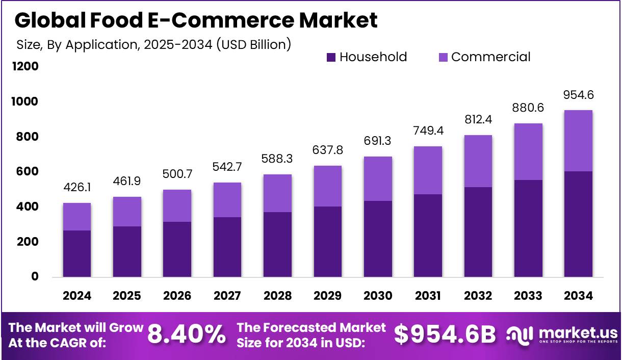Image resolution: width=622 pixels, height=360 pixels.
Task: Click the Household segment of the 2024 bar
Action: click(77, 253)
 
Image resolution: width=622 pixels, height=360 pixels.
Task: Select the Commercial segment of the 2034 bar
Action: click(579, 141)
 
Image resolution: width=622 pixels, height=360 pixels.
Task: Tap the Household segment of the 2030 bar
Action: click(378, 239)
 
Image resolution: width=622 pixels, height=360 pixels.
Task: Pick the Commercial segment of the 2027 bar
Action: click(227, 200)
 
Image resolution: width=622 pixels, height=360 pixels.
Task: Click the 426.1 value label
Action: click(77, 188)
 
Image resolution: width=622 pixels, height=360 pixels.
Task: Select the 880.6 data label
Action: click(528, 109)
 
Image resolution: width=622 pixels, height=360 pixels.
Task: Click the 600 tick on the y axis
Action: click(28, 172)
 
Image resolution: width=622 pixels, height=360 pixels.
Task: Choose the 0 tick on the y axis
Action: click(34, 276)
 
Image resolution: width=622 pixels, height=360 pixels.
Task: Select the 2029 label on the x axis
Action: click(328, 296)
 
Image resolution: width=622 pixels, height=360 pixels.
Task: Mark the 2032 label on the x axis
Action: click(478, 296)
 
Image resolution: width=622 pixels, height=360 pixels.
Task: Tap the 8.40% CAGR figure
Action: click(186, 335)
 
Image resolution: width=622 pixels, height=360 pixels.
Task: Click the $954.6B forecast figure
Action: click(445, 335)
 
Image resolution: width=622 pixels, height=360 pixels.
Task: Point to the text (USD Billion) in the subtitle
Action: click(253, 44)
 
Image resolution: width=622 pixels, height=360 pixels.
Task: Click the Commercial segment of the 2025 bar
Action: click(127, 212)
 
